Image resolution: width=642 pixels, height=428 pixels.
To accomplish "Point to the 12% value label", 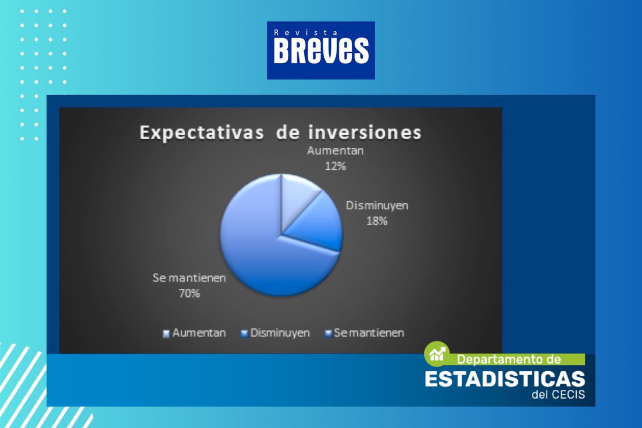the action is click(335, 166).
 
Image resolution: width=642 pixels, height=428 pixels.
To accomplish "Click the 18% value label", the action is click(377, 221).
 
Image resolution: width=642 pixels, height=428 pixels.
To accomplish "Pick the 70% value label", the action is click(189, 294).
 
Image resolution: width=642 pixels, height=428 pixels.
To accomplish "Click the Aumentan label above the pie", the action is click(335, 151).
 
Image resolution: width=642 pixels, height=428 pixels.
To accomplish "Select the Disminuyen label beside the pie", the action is click(377, 205).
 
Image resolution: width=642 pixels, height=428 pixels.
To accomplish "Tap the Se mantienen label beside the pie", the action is click(189, 278).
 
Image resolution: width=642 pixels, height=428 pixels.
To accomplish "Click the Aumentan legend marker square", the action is click(166, 334).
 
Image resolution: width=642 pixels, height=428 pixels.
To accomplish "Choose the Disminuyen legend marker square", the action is click(244, 334).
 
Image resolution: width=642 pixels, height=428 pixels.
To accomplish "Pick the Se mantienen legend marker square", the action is click(328, 334).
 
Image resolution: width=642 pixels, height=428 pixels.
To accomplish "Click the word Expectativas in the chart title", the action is click(202, 133).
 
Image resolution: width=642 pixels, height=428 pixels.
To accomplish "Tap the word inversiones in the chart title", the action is click(365, 133).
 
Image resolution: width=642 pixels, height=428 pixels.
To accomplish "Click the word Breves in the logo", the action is click(321, 51).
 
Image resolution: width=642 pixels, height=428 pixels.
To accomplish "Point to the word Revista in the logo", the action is click(306, 33).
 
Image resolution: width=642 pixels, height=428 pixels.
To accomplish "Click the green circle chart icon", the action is click(437, 354).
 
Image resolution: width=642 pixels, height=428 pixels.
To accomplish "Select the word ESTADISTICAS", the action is click(505, 379).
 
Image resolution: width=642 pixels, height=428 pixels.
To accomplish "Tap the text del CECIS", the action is click(559, 395).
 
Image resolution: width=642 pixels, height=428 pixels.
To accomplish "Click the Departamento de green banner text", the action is click(509, 360).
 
